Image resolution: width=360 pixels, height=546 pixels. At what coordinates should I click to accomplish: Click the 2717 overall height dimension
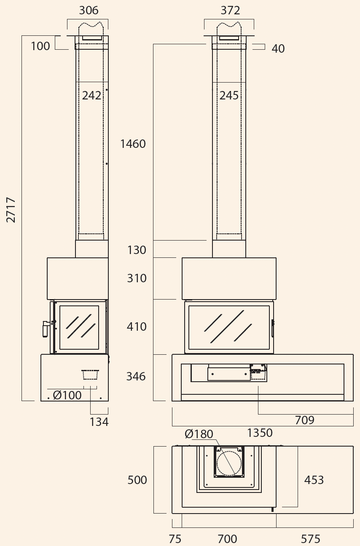coord(11,210)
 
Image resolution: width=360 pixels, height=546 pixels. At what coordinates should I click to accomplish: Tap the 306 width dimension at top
coord(89,11)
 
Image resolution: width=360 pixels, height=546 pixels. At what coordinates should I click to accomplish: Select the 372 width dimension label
coord(230,11)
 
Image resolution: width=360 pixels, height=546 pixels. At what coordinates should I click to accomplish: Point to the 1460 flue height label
coord(133,144)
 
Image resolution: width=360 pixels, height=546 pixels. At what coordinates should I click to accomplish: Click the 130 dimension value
coord(137,250)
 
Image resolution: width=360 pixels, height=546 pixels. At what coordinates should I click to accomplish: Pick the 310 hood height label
coord(137,278)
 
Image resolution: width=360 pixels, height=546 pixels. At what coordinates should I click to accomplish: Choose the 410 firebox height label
coord(137,327)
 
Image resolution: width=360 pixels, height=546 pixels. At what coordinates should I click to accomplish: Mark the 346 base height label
coord(136,376)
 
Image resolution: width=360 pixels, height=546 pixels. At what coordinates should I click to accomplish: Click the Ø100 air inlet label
coord(67,395)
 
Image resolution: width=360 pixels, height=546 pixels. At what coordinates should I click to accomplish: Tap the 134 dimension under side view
coord(99,422)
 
